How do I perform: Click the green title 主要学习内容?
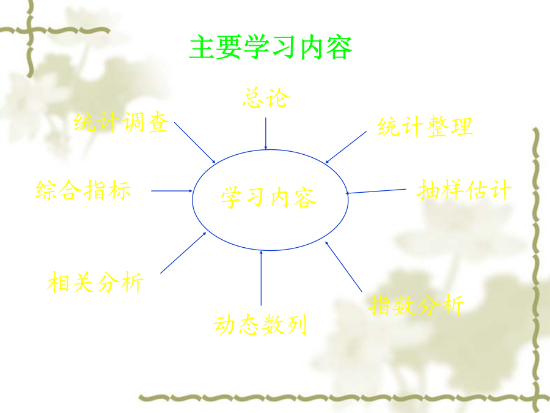coord(271,47)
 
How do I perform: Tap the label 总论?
coord(266,97)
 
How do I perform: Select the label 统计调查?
coord(121,122)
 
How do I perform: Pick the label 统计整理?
coord(425,127)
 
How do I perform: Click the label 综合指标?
coord(83,190)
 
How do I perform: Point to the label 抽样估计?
coord(464,190)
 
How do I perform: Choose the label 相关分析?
coord(95,282)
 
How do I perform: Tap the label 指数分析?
coord(416,305)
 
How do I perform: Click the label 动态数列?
coord(260,324)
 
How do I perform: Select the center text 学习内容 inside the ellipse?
coord(269,198)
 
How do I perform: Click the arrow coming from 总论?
coord(266,133)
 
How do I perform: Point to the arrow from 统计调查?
coord(195,143)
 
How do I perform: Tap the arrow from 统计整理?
coord(346,147)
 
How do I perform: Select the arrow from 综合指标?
coord(172,191)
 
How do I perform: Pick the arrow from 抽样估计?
coord(376,192)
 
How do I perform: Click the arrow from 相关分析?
coord(183,253)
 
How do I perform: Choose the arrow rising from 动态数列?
coord(261,278)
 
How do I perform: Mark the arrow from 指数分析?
coord(343,267)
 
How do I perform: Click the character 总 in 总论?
coord(253,97)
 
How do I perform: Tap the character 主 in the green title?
coord(202,47)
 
